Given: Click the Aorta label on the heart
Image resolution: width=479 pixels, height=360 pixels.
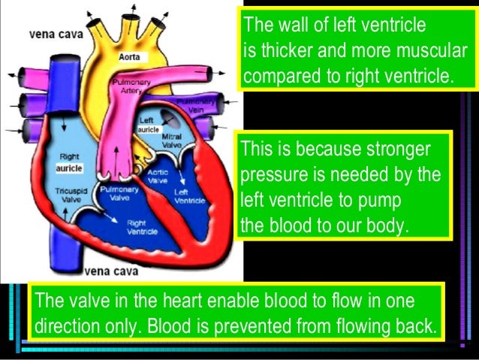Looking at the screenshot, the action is click(130, 56).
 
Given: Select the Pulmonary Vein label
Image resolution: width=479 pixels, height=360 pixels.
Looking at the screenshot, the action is click(192, 105).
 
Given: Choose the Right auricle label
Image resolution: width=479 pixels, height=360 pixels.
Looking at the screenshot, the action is click(69, 162).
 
